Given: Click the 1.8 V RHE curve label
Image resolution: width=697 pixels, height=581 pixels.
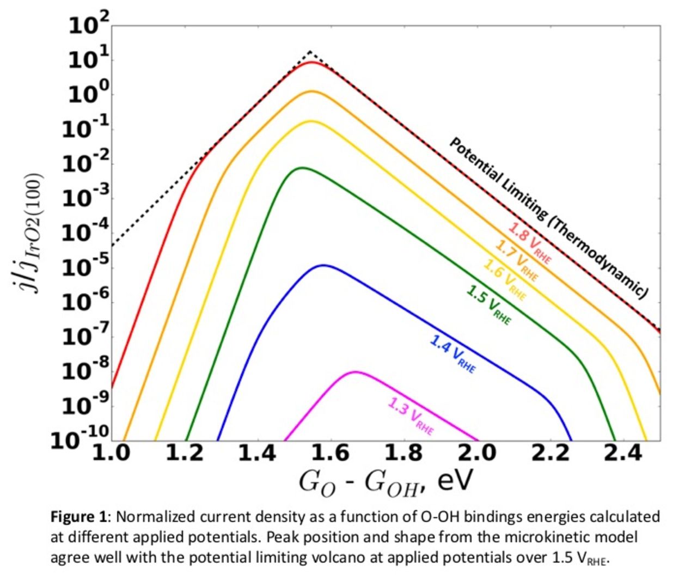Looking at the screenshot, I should (529, 243).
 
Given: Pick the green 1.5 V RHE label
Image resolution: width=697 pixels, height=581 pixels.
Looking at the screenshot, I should (489, 305).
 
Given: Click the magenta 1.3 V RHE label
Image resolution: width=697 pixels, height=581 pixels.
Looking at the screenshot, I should (411, 416).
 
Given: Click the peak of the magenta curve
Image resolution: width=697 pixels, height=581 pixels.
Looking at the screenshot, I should (356, 372).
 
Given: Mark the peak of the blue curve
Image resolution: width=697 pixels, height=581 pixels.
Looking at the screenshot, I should (324, 265).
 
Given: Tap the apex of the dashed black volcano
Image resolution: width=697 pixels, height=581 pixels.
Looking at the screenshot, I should (310, 52).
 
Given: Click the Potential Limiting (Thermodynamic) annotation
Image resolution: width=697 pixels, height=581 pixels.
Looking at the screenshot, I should (548, 217).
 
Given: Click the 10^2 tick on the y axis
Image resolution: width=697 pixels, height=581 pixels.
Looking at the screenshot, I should (89, 25).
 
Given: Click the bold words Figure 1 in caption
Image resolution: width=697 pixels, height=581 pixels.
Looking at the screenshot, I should (80, 516).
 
